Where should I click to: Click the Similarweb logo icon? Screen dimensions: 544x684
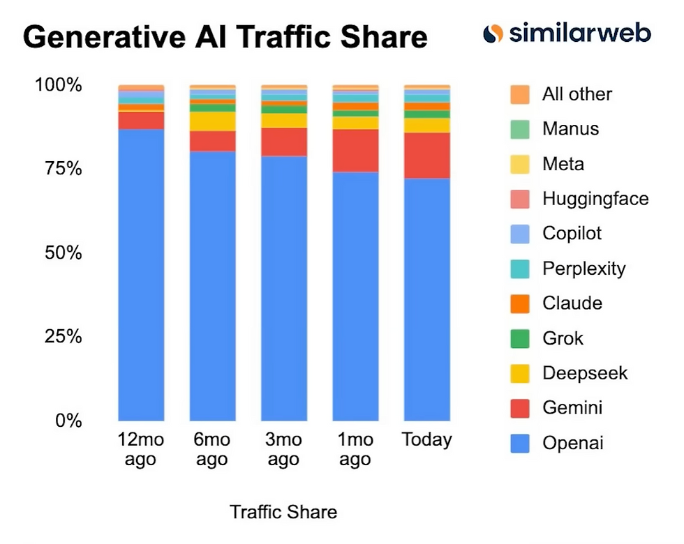[x=493, y=33]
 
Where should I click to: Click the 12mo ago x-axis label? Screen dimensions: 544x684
[x=142, y=450]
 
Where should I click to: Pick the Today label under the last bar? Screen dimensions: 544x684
[x=427, y=440]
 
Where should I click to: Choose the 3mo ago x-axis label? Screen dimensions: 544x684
[x=283, y=450]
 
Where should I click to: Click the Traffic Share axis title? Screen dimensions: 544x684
[x=283, y=513]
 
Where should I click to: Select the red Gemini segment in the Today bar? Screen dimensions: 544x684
[x=427, y=156]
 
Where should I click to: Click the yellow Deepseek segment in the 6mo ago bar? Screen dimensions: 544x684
[x=213, y=121]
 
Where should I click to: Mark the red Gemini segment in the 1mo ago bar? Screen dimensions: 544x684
[x=355, y=151]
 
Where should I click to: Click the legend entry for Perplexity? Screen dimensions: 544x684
[x=583, y=269]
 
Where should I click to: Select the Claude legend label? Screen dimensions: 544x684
[x=572, y=303]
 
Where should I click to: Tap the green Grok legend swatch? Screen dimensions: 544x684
[x=521, y=338]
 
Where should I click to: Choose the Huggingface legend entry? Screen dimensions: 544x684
[x=595, y=199]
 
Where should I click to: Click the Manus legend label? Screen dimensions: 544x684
[x=570, y=129]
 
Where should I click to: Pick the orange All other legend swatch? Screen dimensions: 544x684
[x=521, y=94]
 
